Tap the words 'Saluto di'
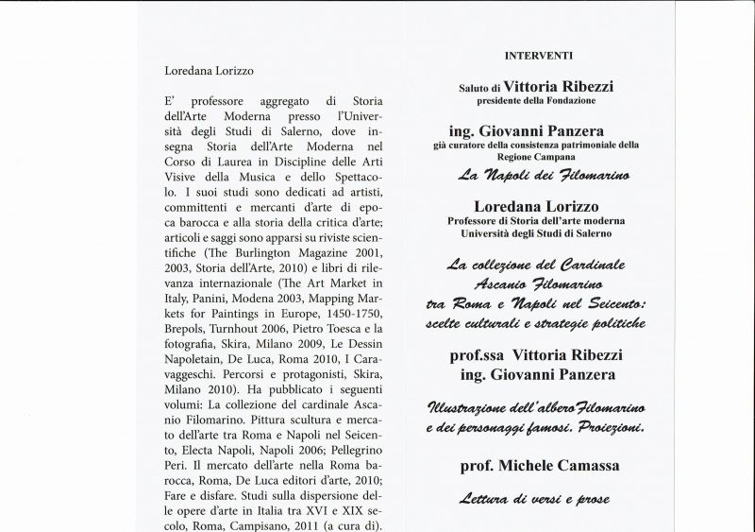(479, 88)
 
